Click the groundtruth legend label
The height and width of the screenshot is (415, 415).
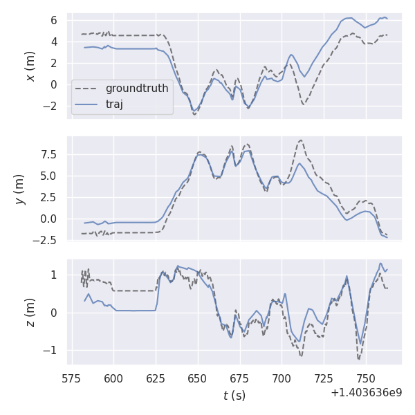tap(137, 89)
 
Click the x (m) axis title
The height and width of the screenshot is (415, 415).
tap(30, 66)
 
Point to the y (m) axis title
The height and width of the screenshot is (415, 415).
tap(19, 188)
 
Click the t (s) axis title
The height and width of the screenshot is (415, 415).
tap(234, 396)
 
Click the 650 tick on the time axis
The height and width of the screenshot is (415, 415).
tap(198, 378)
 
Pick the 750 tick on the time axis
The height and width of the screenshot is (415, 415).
tap(367, 378)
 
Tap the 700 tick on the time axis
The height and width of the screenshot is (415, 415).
tap(282, 378)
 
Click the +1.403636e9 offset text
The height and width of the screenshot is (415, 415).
tap(366, 392)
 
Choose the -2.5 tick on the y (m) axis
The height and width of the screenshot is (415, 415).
tap(48, 241)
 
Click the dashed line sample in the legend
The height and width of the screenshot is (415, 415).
tap(87, 89)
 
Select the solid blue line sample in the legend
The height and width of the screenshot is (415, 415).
tap(87, 104)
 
